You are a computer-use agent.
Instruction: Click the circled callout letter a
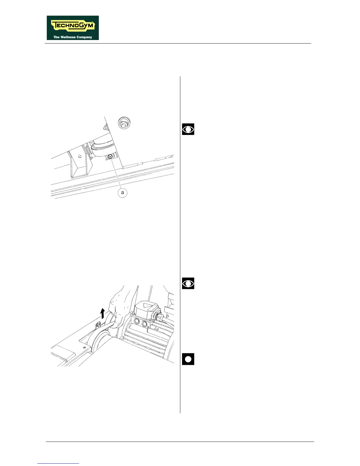point(122,193)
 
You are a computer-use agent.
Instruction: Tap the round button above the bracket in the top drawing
point(124,123)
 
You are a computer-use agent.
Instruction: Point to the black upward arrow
point(102,313)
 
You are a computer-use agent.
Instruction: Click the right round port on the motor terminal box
point(144,324)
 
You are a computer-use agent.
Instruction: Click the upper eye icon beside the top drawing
point(188,129)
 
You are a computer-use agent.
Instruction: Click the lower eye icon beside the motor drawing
point(188,283)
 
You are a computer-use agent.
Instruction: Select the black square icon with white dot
point(188,359)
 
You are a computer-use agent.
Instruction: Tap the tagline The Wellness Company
point(73,37)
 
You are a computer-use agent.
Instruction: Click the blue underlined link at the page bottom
point(58,463)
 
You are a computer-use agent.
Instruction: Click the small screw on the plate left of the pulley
point(85,348)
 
